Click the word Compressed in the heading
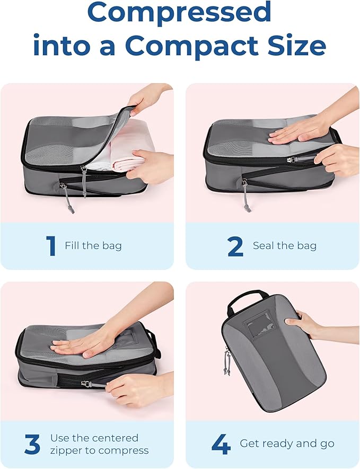pyautogui.click(x=179, y=13)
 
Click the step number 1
pyautogui.click(x=51, y=246)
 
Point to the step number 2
pyautogui.click(x=235, y=246)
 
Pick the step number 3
pyautogui.click(x=32, y=444)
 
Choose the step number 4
pyautogui.click(x=220, y=444)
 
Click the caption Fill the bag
pyautogui.click(x=93, y=246)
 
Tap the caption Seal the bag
pyautogui.click(x=285, y=246)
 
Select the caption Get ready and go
pyautogui.click(x=287, y=444)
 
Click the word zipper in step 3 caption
pyautogui.click(x=66, y=451)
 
